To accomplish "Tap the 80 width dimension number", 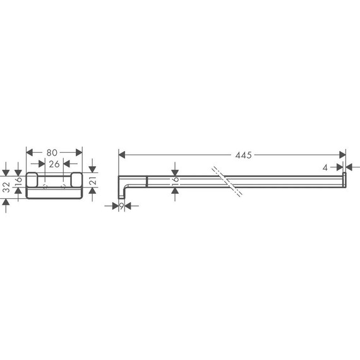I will (x=54, y=152).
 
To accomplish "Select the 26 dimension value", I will (x=54, y=164).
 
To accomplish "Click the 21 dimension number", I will (x=92, y=182).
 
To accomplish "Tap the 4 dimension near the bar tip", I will (x=325, y=167).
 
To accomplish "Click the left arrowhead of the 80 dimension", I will (x=29, y=152).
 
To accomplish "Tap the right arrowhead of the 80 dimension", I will (x=79, y=152).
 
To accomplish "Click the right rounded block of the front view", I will (x=76, y=181).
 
